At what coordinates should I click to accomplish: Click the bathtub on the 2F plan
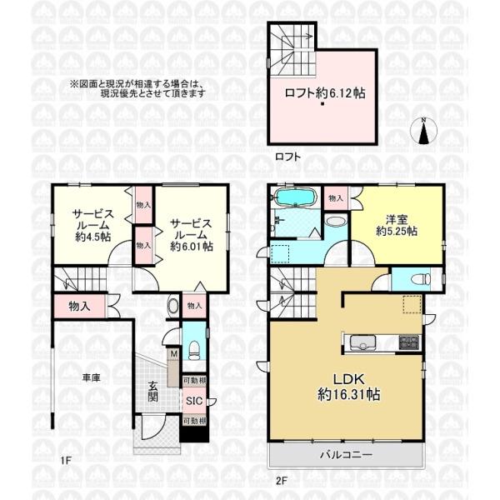coord(293,199)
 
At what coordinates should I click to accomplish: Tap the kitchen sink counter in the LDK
coord(365,342)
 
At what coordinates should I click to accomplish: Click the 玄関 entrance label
coord(155,391)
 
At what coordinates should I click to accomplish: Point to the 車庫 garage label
coord(91,378)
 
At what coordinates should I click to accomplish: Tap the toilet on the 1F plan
coord(192,347)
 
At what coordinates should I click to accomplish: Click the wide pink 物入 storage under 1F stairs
coord(80,306)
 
